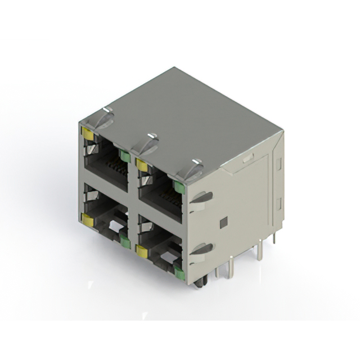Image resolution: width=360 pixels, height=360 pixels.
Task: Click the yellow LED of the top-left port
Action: pos(87,133)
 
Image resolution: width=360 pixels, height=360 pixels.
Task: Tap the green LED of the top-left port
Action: pos(125,157)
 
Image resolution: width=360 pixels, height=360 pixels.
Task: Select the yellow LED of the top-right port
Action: pos(142,165)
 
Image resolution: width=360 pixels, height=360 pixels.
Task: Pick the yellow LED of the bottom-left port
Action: pos(87,218)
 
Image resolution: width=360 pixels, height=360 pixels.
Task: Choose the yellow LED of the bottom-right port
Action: pos(142,251)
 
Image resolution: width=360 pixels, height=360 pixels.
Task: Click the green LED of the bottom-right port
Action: pos(179,273)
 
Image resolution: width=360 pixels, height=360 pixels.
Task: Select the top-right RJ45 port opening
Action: pos(160,191)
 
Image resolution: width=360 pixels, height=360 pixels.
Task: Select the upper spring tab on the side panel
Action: pos(202,198)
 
